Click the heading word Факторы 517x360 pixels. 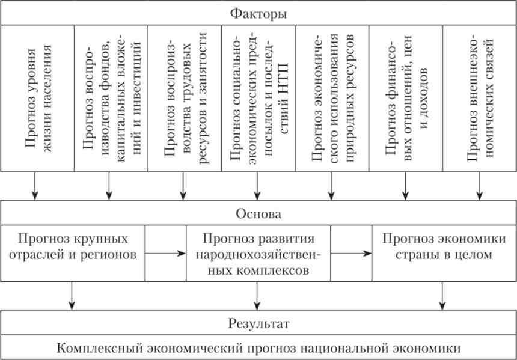tap(258, 14)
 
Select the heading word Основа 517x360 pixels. tap(258, 215)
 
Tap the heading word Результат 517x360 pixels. tap(258, 323)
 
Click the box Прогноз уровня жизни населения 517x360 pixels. tap(38, 98)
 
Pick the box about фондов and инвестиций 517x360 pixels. tap(111, 98)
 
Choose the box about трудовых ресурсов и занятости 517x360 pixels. tap(185, 98)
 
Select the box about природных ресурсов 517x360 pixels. tap(332, 98)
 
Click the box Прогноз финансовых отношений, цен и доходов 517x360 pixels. tap(406, 98)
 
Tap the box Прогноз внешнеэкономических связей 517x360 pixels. tap(480, 98)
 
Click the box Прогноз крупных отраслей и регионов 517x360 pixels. tap(73, 253)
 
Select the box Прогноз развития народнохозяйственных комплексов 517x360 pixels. tap(258, 253)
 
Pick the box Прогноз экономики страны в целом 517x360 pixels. tap(444, 253)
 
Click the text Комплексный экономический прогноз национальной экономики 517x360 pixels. tap(258, 348)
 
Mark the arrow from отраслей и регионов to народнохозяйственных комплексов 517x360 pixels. tap(166, 254)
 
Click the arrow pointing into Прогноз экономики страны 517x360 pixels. tap(351, 254)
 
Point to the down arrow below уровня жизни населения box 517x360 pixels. tap(35, 186)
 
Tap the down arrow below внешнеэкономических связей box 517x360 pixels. tap(479, 186)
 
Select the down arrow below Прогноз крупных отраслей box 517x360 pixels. tap(72, 296)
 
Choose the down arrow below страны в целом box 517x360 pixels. tap(442, 296)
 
